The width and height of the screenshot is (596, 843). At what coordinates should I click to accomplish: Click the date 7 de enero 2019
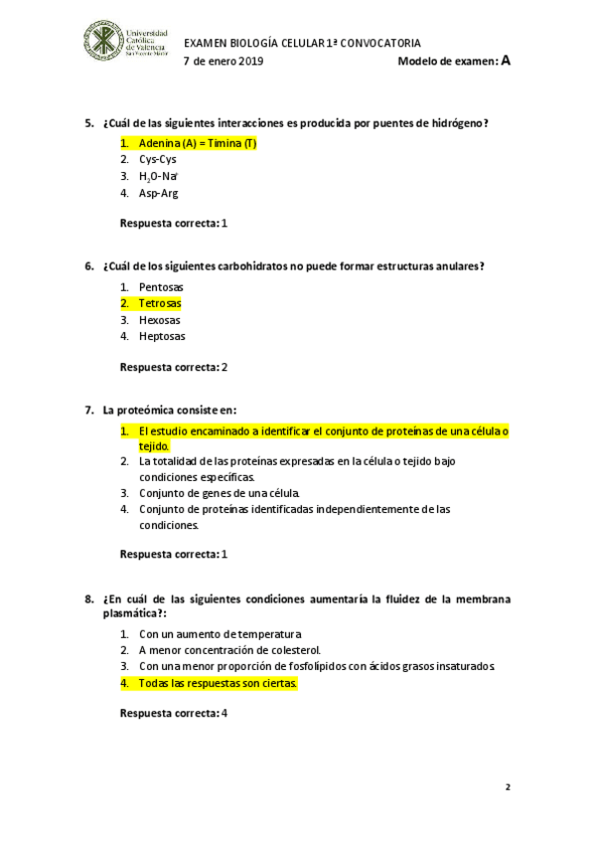(223, 62)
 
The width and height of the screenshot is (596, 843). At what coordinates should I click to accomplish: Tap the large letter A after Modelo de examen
(506, 61)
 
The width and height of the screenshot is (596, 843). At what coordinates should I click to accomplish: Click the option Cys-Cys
(158, 159)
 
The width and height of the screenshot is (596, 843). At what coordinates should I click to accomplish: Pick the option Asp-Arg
(158, 194)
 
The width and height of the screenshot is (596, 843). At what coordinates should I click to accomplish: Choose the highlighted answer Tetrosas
(159, 303)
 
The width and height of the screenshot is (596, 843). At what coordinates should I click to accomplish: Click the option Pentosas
(161, 286)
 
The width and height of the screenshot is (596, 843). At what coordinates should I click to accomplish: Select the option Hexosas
(159, 320)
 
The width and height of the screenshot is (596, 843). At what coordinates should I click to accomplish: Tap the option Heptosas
(162, 337)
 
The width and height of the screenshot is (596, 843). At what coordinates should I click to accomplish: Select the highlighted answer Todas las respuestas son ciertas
(218, 684)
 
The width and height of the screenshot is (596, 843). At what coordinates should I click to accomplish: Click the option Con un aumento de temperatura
(220, 633)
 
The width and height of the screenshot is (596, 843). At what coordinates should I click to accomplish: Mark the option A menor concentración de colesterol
(229, 650)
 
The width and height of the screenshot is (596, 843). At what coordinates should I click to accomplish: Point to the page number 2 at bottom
(507, 787)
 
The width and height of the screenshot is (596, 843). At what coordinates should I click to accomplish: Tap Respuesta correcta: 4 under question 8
(174, 714)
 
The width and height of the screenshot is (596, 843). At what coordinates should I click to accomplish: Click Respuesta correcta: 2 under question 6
(174, 367)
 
